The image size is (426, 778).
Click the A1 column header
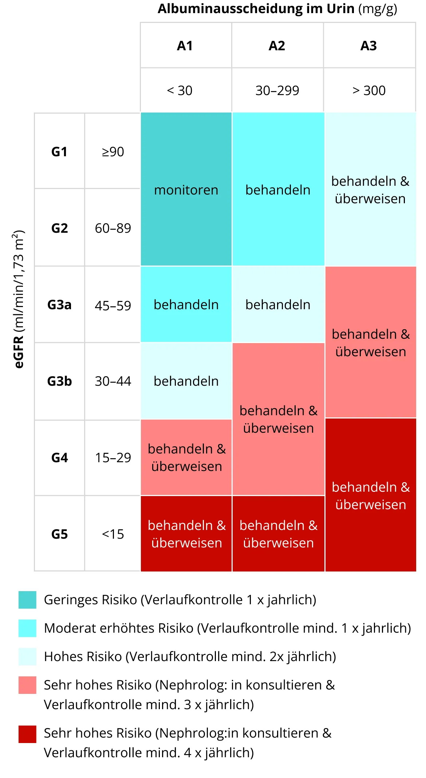click(185, 46)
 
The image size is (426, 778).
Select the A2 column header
click(277, 46)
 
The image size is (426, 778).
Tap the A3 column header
click(368, 46)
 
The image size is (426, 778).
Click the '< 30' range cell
click(180, 90)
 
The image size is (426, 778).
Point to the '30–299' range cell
click(277, 90)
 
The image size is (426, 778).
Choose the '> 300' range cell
click(369, 90)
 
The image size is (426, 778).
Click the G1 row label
click(59, 152)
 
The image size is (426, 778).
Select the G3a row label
click(59, 304)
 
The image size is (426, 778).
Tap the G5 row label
click(59, 534)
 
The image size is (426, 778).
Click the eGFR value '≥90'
click(113, 152)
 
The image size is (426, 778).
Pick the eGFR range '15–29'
click(113, 457)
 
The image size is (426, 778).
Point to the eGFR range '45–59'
click(113, 305)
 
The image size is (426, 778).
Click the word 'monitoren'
click(186, 190)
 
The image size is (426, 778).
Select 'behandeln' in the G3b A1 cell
click(186, 381)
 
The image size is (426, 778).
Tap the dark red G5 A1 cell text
click(186, 534)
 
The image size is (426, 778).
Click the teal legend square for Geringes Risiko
click(27, 600)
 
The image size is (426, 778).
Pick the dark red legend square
click(27, 734)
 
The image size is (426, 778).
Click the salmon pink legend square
click(27, 685)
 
